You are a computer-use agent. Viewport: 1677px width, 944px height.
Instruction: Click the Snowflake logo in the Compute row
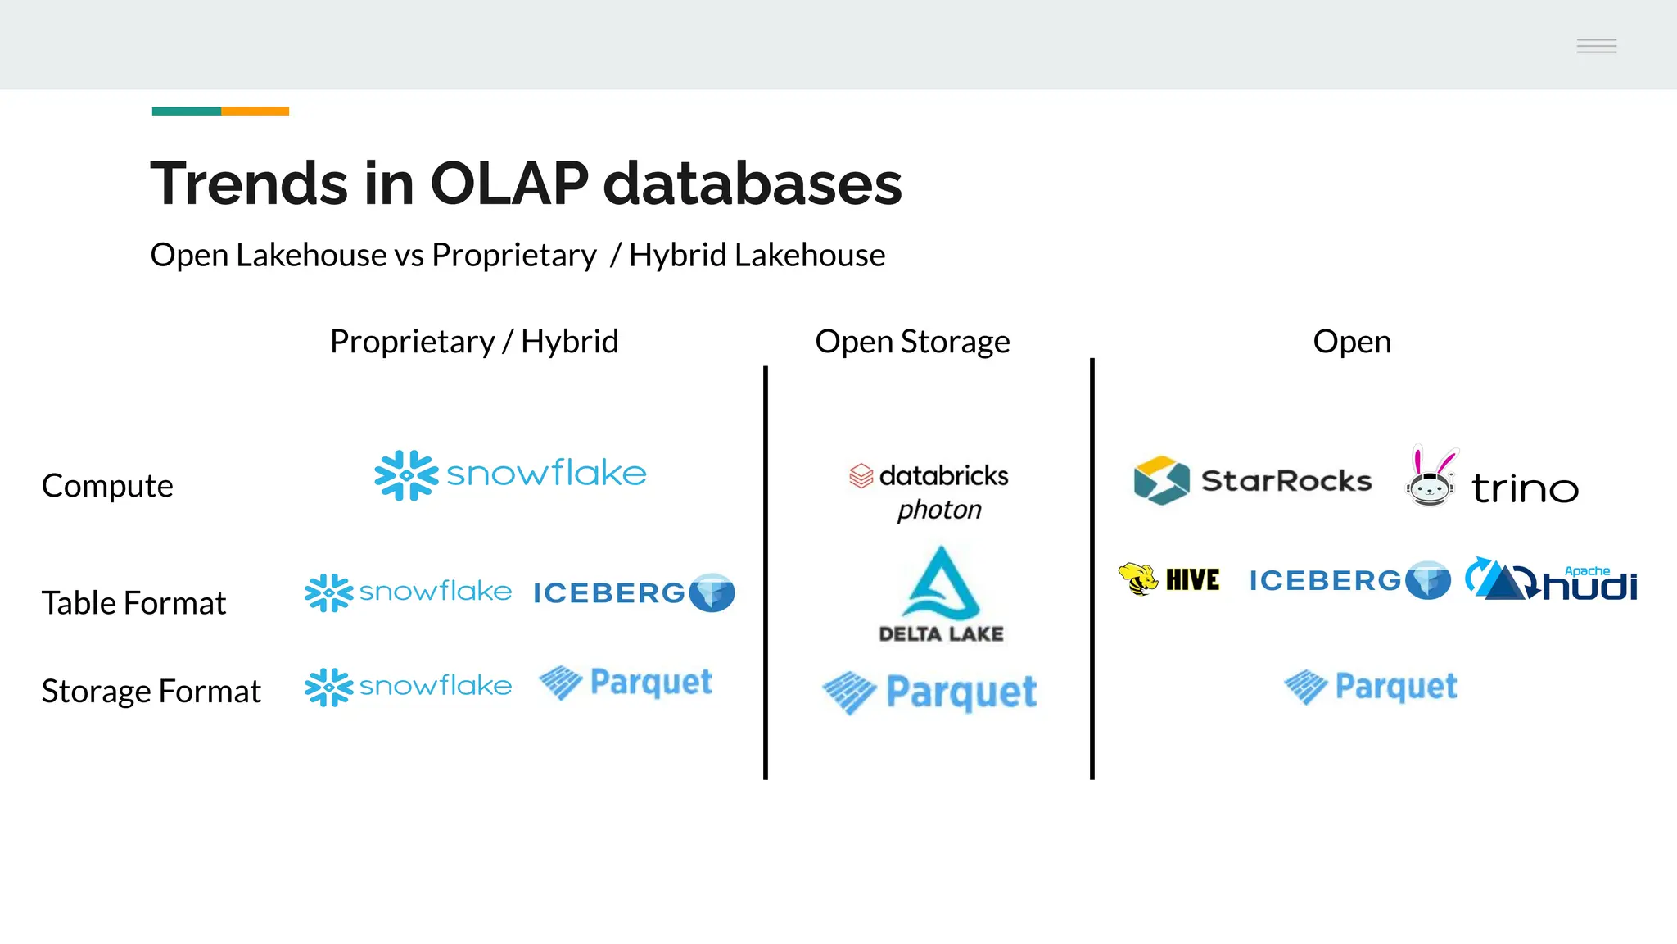point(510,474)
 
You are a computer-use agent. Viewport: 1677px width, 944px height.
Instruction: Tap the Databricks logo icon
point(861,476)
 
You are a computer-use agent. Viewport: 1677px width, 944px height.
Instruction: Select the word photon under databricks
point(939,511)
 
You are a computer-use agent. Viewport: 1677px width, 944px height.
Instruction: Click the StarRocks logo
point(1252,480)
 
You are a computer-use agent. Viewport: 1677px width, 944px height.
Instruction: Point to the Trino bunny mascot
point(1431,477)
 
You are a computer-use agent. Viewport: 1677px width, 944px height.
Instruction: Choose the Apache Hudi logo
point(1551,580)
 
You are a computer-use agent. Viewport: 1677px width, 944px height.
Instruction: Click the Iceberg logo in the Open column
point(1349,581)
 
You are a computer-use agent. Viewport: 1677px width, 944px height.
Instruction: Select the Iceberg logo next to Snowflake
point(634,592)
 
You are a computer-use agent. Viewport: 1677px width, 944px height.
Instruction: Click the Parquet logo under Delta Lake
point(929,693)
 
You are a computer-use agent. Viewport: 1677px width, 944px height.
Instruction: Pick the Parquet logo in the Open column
point(1371,687)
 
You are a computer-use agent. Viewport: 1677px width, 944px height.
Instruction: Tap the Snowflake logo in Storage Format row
point(408,687)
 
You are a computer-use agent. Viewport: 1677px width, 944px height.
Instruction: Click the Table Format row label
point(133,603)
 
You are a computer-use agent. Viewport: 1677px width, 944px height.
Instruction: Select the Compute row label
point(107,486)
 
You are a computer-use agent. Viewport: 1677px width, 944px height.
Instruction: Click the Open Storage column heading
point(912,342)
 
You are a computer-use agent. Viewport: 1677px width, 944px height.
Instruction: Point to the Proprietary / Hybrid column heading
point(474,342)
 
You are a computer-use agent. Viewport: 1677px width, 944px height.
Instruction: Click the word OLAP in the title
point(509,183)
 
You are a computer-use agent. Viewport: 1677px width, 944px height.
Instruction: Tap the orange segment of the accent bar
point(255,111)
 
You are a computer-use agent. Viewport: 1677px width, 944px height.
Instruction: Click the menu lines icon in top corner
point(1596,46)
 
